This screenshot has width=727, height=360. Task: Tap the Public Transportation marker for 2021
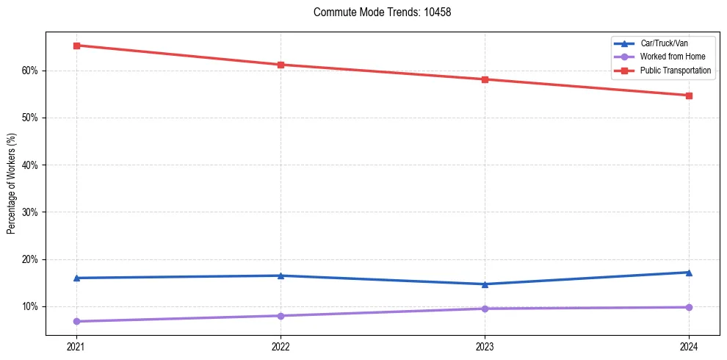click(76, 46)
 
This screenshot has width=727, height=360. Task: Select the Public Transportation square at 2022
click(281, 65)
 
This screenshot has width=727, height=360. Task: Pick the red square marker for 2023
click(485, 79)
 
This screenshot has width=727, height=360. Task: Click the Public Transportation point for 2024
click(689, 96)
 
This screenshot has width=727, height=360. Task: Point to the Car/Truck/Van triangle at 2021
click(76, 278)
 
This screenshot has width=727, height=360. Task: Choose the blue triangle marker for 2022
click(281, 276)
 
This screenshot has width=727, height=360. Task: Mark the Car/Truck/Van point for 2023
click(485, 284)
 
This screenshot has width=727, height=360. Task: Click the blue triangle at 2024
click(689, 273)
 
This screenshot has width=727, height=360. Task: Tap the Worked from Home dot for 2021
click(76, 321)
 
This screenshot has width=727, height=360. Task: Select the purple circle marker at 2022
click(281, 316)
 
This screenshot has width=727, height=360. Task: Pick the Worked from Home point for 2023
click(485, 309)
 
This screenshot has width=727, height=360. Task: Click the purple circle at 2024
click(689, 307)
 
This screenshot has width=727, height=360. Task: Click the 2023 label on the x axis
click(485, 347)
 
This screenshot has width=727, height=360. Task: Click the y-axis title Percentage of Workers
click(11, 184)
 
